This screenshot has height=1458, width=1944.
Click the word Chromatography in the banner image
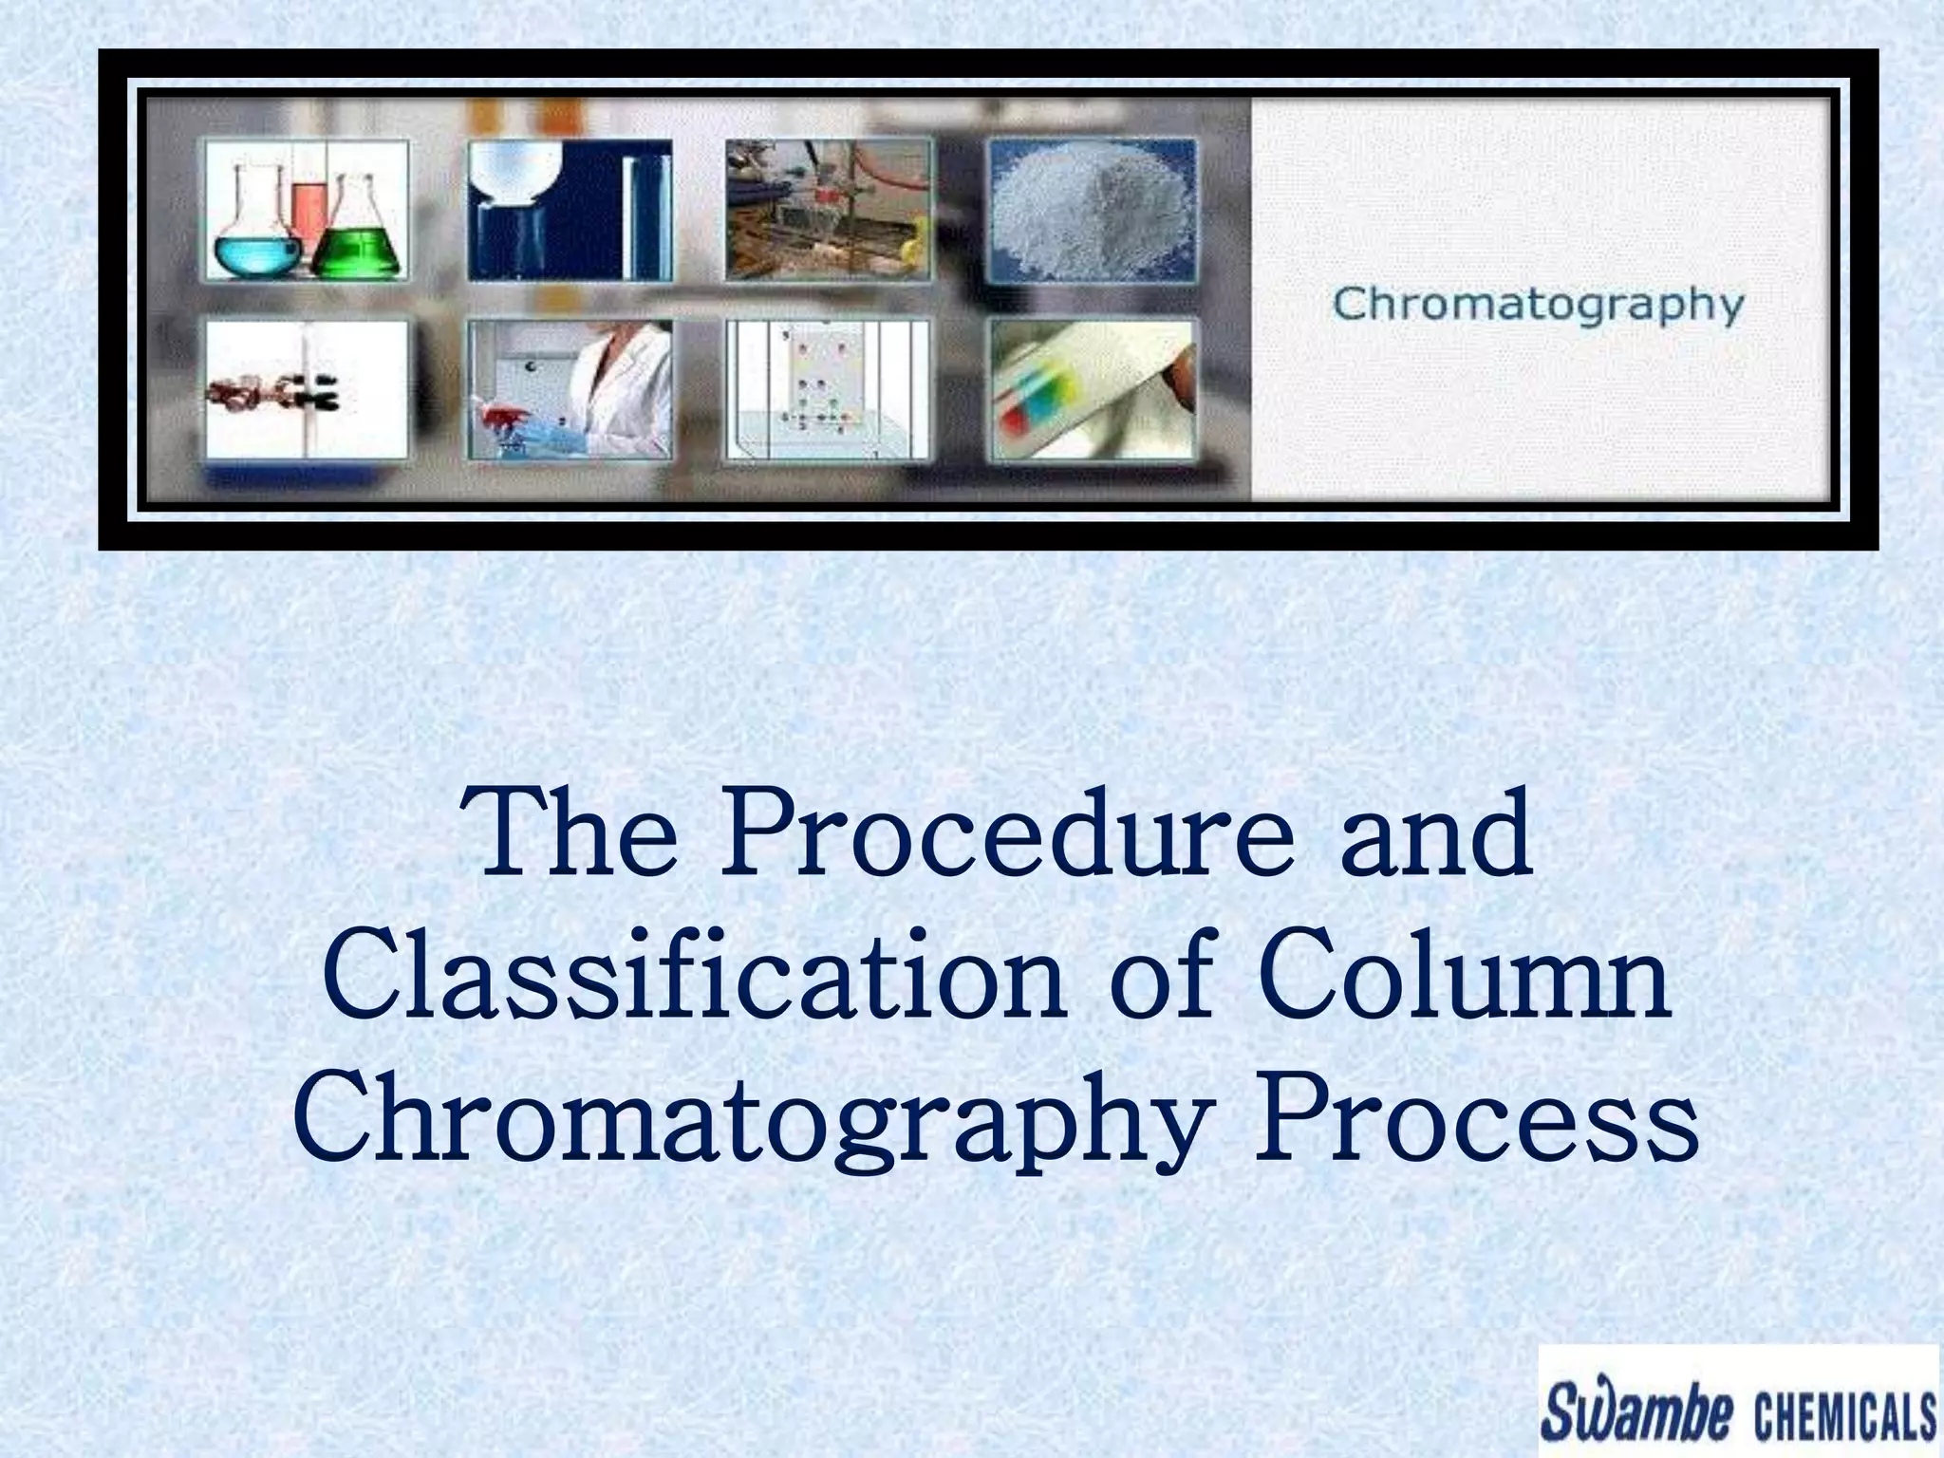pos(1538,306)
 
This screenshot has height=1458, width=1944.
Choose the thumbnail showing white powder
pos(1092,210)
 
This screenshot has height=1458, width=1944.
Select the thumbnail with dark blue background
pos(570,210)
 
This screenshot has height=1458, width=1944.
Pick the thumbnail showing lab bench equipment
pos(829,210)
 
